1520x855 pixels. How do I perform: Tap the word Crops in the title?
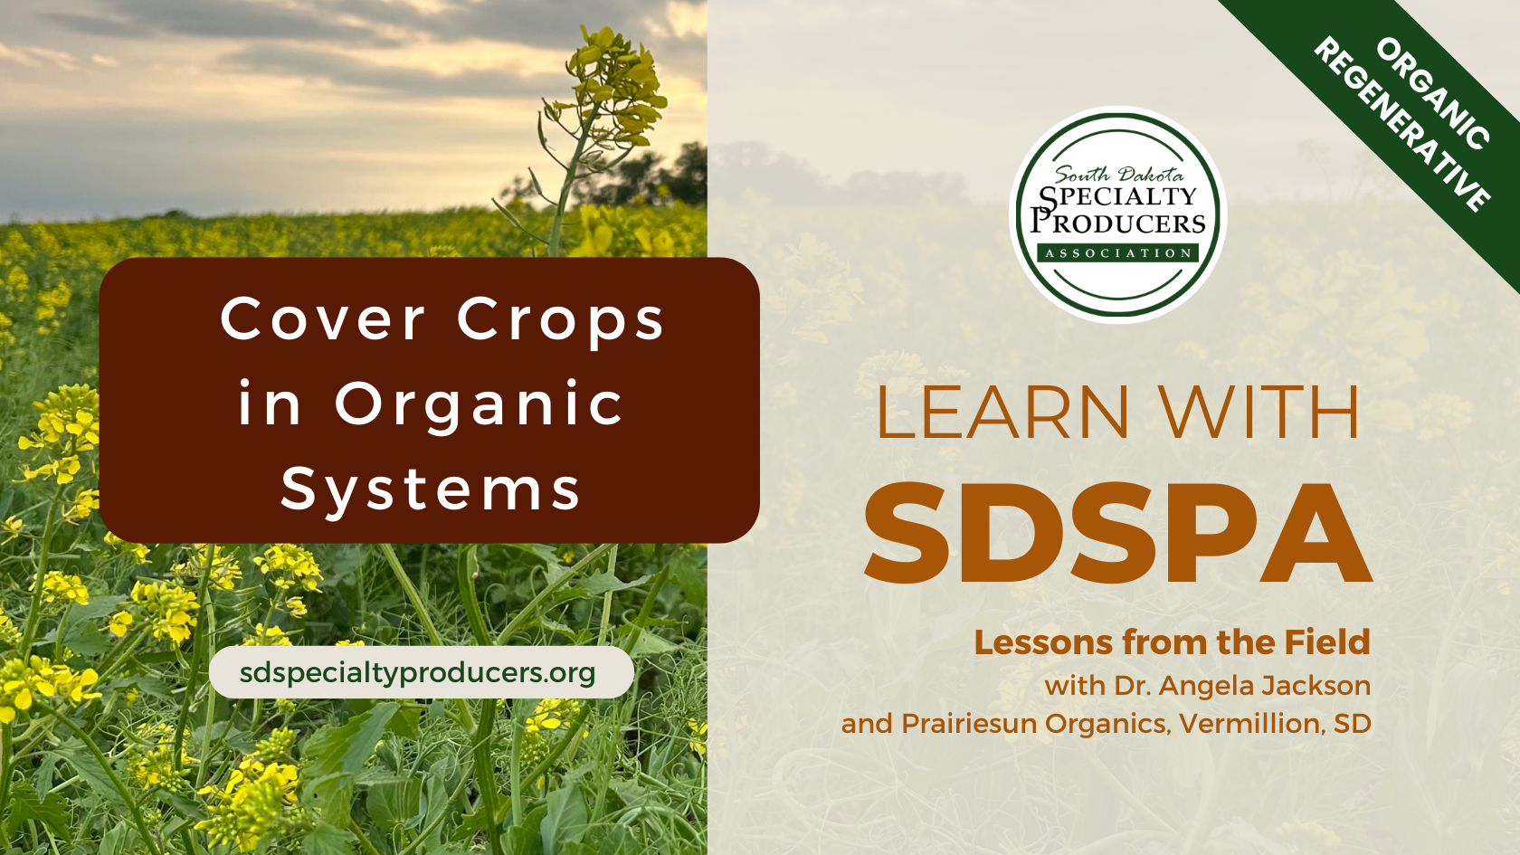point(561,321)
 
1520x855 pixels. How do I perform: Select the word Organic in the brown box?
point(480,404)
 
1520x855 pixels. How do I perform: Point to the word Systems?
point(431,489)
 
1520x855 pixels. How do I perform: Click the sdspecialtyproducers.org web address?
point(418,672)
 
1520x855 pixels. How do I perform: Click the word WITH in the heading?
point(1260,413)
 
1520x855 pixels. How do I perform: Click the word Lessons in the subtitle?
point(1044,642)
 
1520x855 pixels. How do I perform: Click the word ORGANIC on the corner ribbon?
point(1432,93)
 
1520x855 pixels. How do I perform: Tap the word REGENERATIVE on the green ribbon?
point(1401,125)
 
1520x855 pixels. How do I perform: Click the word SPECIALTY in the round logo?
point(1118,196)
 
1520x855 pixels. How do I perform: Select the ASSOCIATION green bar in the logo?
point(1118,253)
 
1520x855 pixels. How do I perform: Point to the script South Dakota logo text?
point(1119,174)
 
